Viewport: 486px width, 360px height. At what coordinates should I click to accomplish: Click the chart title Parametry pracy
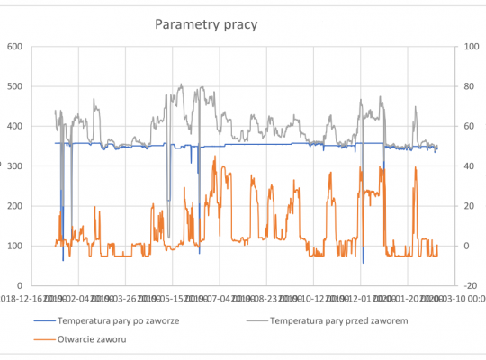tap(205, 24)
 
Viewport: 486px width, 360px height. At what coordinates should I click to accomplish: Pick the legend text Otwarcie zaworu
tap(93, 338)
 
